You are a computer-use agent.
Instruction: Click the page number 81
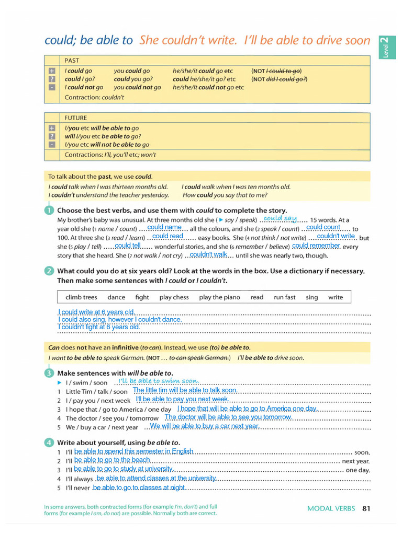pyautogui.click(x=366, y=508)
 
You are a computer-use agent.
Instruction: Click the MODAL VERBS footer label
pyautogui.click(x=331, y=508)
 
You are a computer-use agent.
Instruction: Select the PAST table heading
pyautogui.click(x=72, y=61)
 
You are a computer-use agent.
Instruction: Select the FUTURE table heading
pyautogui.click(x=75, y=118)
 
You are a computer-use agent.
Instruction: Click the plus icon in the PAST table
pyautogui.click(x=52, y=71)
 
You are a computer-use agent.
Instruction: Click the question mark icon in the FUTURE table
pyautogui.click(x=52, y=136)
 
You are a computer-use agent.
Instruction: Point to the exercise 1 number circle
pyautogui.click(x=49, y=211)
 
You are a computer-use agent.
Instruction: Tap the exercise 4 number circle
pyautogui.click(x=49, y=443)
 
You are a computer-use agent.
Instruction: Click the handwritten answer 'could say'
pyautogui.click(x=280, y=218)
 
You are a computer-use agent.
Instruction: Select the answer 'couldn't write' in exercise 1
pyautogui.click(x=336, y=236)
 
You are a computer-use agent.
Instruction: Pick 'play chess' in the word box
pyautogui.click(x=174, y=297)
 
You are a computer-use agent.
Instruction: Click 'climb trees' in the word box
pyautogui.click(x=81, y=297)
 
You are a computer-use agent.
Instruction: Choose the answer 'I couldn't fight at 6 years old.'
pyautogui.click(x=99, y=327)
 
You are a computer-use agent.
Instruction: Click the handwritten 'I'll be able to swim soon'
pyautogui.click(x=158, y=381)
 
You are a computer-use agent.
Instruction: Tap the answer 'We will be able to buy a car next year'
pyautogui.click(x=204, y=426)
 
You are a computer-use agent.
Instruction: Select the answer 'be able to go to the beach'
pyautogui.click(x=112, y=460)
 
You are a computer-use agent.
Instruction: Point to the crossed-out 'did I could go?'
pyautogui.click(x=286, y=79)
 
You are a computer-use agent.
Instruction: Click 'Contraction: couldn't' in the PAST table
pyautogui.click(x=94, y=97)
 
